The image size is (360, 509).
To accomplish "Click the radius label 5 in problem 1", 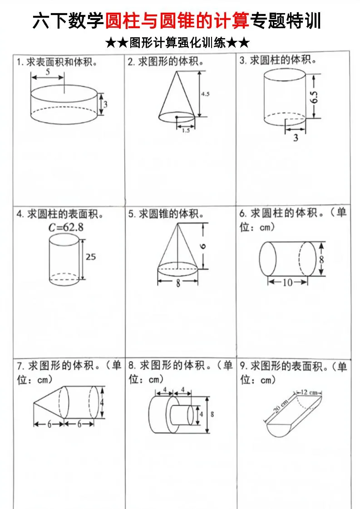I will [x=48, y=72].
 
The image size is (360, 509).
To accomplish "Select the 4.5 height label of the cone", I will [x=205, y=94].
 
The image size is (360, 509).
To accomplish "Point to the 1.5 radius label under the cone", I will [x=186, y=130].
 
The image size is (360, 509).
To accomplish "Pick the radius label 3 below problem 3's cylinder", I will [x=296, y=137].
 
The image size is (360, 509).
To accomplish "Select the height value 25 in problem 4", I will [x=91, y=257].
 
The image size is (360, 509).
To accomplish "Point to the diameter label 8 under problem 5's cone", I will [x=178, y=283].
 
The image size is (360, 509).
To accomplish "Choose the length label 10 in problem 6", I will [x=288, y=282].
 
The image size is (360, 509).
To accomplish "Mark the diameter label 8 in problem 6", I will [x=321, y=259].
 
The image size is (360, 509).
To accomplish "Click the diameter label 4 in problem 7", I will [x=102, y=402].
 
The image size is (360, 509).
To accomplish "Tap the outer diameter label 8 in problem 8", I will [x=212, y=414].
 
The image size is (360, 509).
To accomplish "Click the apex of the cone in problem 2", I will [x=175, y=72].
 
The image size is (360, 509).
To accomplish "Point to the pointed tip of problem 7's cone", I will [x=34, y=402].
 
